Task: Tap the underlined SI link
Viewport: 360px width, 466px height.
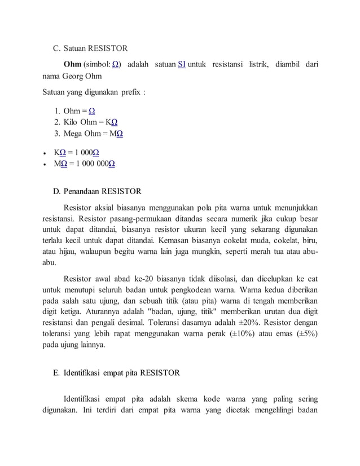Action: pos(182,65)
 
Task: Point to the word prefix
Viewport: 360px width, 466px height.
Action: pos(131,91)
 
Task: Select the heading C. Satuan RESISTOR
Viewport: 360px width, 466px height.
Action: pos(90,49)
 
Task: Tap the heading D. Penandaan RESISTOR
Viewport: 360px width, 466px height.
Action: pos(96,191)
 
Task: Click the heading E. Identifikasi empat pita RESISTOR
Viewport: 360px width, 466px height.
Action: pos(116,373)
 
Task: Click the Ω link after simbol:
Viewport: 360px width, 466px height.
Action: pos(115,65)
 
